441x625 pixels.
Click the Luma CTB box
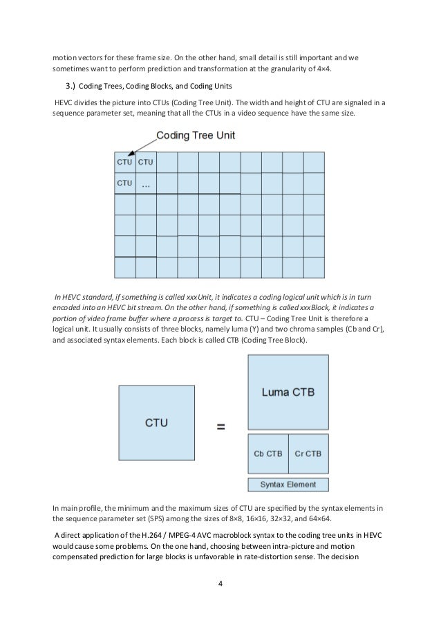coord(288,392)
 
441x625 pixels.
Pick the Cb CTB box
coord(268,454)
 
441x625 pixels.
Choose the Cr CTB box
coord(308,454)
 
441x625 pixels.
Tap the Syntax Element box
coord(288,484)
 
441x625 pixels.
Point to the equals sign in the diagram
coord(220,427)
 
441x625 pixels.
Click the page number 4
coord(220,585)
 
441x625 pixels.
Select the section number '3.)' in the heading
coord(71,86)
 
